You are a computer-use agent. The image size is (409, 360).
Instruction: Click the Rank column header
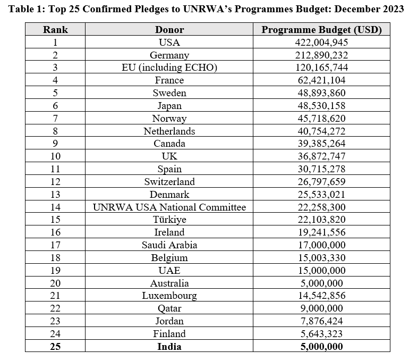coord(55,29)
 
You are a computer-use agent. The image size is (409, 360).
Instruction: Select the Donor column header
coord(169,29)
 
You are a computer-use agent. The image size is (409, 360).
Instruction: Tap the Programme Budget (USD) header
coord(321,29)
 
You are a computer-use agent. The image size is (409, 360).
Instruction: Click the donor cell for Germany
coord(169,55)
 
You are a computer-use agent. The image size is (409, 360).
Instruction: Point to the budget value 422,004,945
coord(321,43)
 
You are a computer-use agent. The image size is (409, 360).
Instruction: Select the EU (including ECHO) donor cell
coord(169,68)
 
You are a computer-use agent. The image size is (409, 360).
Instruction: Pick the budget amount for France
coord(321,80)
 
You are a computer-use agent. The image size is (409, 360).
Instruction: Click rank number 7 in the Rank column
coord(55,119)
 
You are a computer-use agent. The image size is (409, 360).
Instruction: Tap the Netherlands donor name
coord(169,131)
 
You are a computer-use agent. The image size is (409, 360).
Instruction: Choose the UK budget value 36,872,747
coord(321,156)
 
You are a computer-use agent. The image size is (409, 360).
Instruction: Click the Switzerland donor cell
coord(169,182)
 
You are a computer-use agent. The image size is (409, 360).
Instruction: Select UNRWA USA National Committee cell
coord(169,207)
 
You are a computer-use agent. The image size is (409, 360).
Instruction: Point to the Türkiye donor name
coord(169,220)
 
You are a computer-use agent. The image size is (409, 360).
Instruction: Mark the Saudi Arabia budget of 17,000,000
coord(321,245)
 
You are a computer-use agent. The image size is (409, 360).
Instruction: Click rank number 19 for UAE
coord(55,271)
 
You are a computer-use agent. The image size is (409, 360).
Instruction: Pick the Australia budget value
coord(321,283)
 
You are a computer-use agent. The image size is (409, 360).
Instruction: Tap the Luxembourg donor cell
coord(169,296)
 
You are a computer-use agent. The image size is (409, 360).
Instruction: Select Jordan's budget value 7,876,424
coord(321,321)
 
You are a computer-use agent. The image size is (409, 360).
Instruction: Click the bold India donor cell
coord(169,347)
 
